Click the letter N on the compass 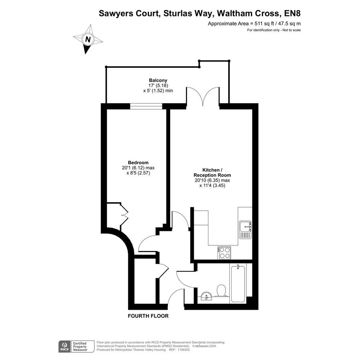pos(88,40)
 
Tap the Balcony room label pos(158,80)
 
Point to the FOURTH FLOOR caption pos(148,316)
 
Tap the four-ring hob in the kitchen pos(224,253)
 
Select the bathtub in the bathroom pos(238,283)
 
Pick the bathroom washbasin pos(206,296)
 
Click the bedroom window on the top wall pos(146,106)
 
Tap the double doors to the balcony pos(203,96)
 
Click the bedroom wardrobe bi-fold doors pos(124,216)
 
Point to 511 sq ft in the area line pos(240,23)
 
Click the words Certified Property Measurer pos(80,346)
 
